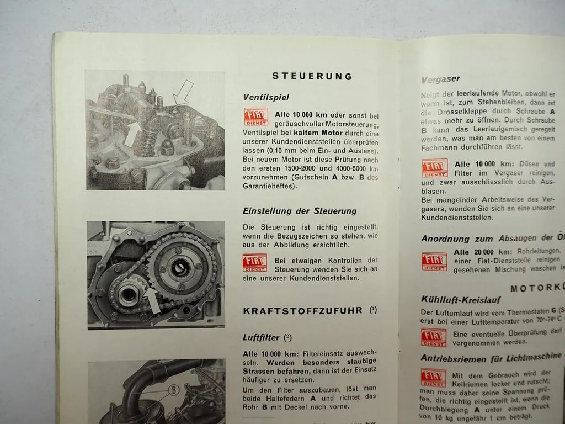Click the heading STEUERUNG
tap(312, 76)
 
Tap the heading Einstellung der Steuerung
tap(300, 211)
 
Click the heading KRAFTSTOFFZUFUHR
tap(302, 311)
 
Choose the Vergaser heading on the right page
tap(440, 79)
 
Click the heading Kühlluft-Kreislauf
tap(461, 299)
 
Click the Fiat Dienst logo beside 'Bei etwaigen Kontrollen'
tap(255, 263)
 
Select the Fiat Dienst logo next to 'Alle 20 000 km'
tap(434, 261)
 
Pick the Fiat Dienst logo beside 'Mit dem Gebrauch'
tap(434, 378)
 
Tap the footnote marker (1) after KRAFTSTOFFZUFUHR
tap(374, 310)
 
